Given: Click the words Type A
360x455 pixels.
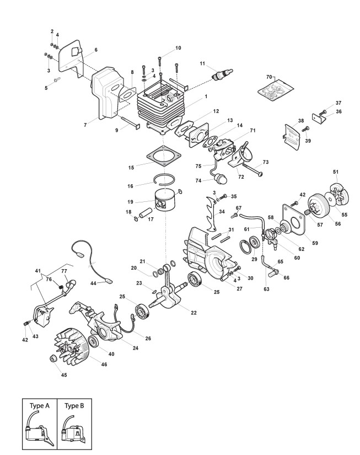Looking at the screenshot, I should [39, 405].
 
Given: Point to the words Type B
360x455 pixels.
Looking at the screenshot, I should [73, 405].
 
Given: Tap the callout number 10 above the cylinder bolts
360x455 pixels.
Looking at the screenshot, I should [178, 48].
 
